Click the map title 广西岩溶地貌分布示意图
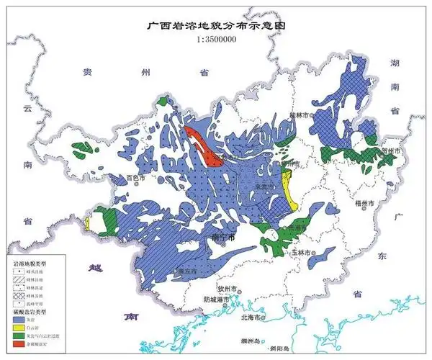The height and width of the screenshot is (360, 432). [216, 24]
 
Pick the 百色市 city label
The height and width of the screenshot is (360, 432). [136, 177]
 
